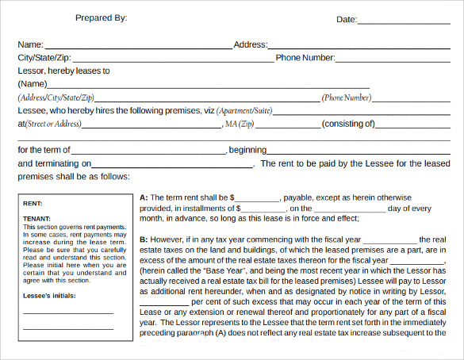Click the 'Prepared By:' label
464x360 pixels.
point(101,17)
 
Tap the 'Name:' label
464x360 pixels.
point(30,45)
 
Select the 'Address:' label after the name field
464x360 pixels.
point(250,45)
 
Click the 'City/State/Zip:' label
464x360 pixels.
point(49,58)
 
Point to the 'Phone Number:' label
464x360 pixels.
point(305,58)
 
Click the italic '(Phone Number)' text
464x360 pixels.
point(347,98)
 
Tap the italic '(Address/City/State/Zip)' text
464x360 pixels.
point(60,98)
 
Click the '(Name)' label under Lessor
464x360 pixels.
point(33,84)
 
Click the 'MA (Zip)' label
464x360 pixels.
point(239,124)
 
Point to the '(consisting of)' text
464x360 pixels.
point(348,124)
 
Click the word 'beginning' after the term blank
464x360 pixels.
point(247,150)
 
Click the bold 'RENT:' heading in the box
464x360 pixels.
point(33,204)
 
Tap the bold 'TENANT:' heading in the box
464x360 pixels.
point(37,219)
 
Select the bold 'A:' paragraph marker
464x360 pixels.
point(144,197)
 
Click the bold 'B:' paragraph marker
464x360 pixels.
point(144,239)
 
